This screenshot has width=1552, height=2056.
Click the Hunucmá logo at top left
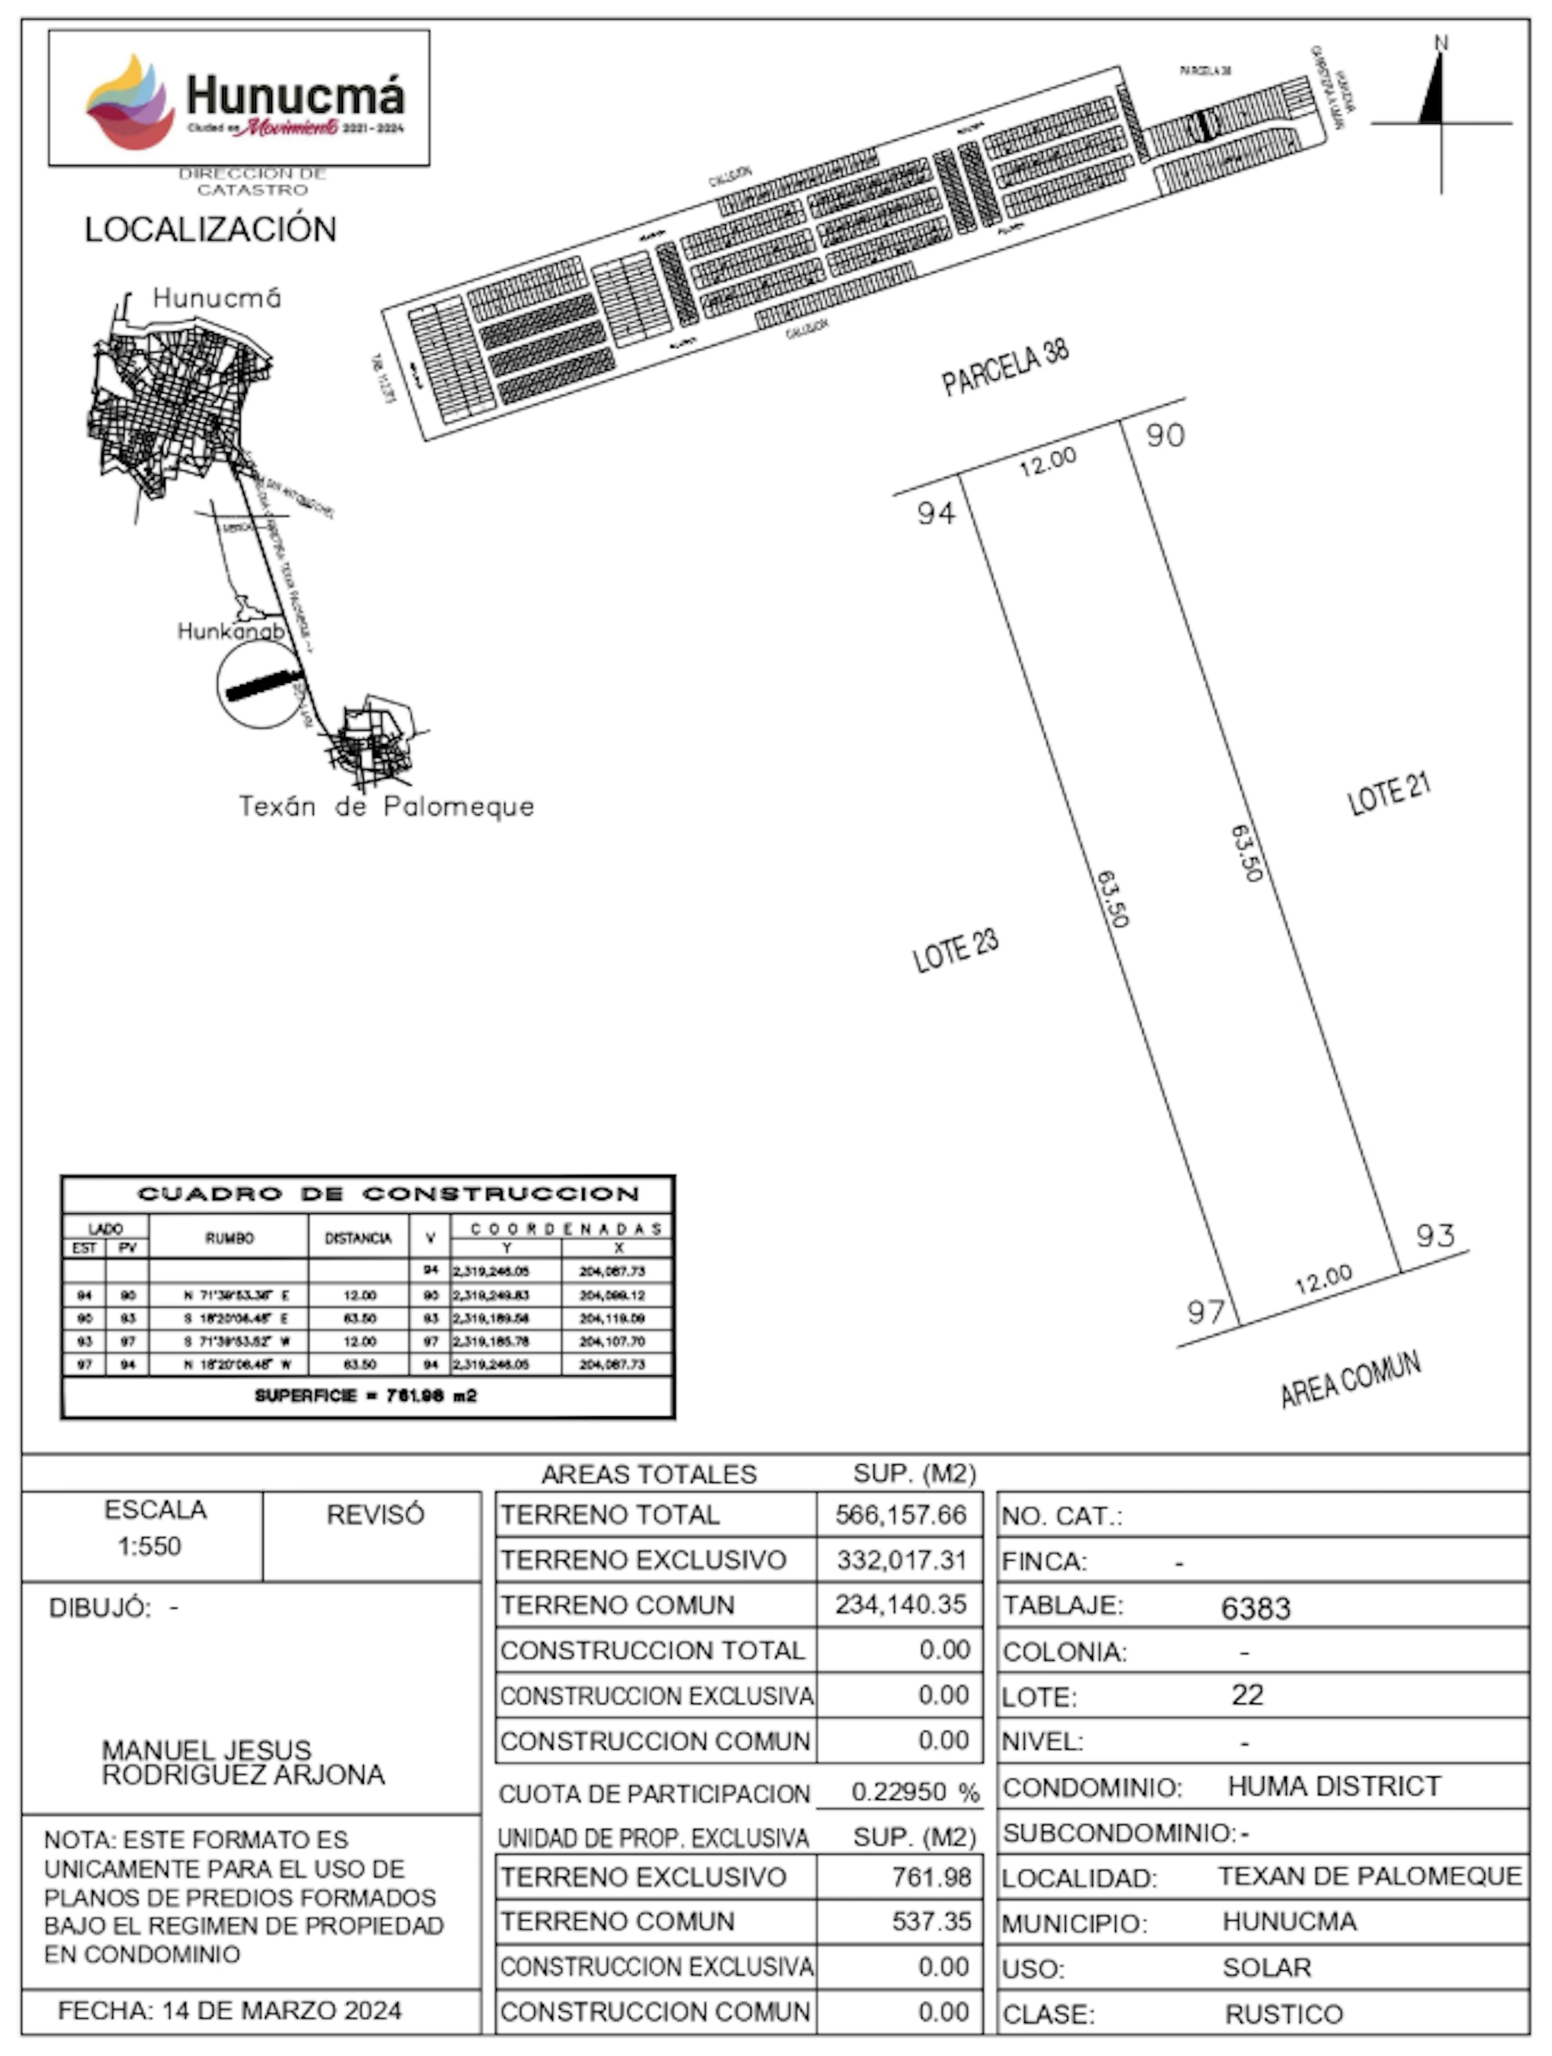point(239,99)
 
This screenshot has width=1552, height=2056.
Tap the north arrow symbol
point(1436,93)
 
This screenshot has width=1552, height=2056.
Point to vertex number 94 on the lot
point(936,512)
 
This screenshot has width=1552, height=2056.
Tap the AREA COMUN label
point(1350,1379)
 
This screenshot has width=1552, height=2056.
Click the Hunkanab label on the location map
point(230,631)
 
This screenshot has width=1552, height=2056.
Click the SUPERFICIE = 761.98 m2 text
point(365,1396)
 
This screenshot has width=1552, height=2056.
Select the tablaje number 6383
point(1255,1608)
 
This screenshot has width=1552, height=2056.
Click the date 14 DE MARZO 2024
point(282,2010)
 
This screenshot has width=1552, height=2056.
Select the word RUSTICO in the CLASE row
point(1283,2014)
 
